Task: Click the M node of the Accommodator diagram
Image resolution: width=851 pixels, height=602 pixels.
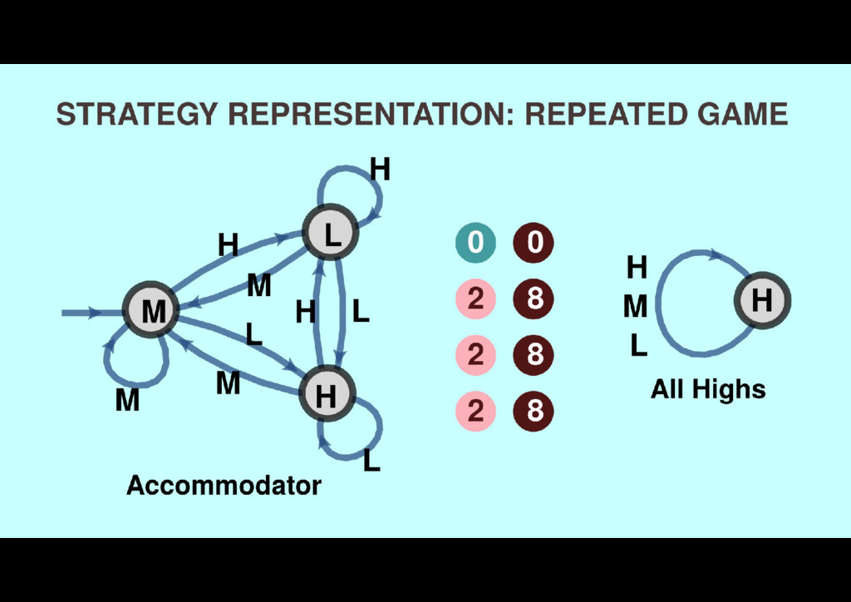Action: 152,310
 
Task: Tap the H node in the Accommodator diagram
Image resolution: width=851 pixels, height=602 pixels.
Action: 327,394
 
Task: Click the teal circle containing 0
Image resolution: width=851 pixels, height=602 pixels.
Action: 475,243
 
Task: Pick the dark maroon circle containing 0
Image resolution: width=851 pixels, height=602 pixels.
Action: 534,243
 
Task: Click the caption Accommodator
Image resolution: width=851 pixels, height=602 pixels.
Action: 224,486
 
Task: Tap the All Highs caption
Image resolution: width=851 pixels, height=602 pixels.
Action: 708,389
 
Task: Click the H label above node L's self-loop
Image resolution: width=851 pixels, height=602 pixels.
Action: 380,170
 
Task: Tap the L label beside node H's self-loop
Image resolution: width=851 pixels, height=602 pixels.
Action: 371,459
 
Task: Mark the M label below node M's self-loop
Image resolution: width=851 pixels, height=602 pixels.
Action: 126,402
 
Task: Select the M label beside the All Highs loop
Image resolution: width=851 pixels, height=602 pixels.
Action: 635,308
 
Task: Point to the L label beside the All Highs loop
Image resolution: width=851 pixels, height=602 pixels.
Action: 637,345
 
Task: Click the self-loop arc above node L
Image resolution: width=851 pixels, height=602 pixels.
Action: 349,172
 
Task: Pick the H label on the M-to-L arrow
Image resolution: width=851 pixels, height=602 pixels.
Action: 227,245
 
